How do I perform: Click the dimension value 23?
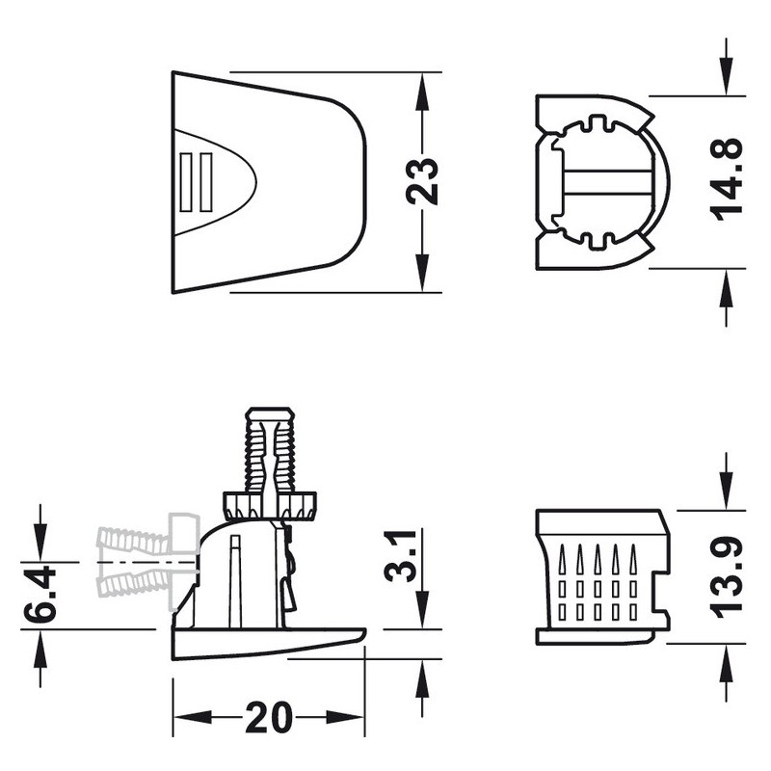coord(422,180)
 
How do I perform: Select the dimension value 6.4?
coord(40,596)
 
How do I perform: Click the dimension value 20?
coord(268,718)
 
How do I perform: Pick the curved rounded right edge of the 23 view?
coord(363,180)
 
